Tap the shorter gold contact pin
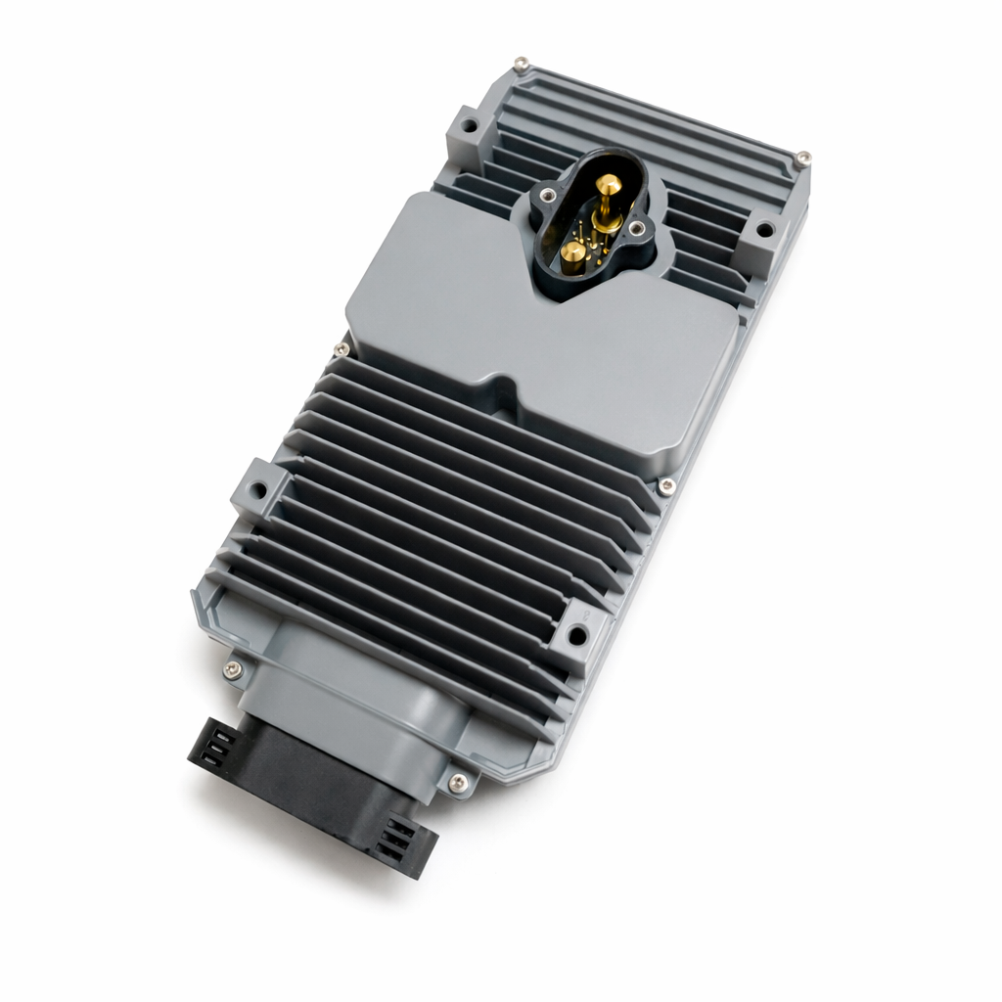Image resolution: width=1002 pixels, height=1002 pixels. pos(573,253)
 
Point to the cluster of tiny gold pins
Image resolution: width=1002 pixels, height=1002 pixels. pos(598,236)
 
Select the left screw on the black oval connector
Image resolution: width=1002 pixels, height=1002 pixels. pos(545,197)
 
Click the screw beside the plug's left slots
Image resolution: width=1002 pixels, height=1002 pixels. pos(232,670)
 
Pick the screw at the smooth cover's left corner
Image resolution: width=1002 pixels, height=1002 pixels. pos(341,349)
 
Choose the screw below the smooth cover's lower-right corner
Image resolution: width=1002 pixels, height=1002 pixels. pos(666,485)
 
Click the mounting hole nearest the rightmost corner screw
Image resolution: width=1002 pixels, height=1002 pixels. pos(764,232)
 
